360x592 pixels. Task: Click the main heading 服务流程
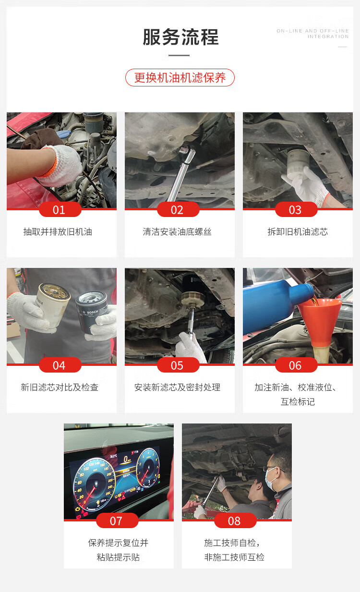coord(180,37)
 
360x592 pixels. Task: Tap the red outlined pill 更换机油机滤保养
coord(180,77)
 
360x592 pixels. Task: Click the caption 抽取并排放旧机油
coord(58,232)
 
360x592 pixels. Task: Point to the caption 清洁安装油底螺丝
coord(177,232)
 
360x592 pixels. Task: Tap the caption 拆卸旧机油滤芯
coord(298,232)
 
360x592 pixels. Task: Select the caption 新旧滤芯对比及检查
coord(60,387)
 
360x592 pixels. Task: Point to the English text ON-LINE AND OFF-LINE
coord(313,31)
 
